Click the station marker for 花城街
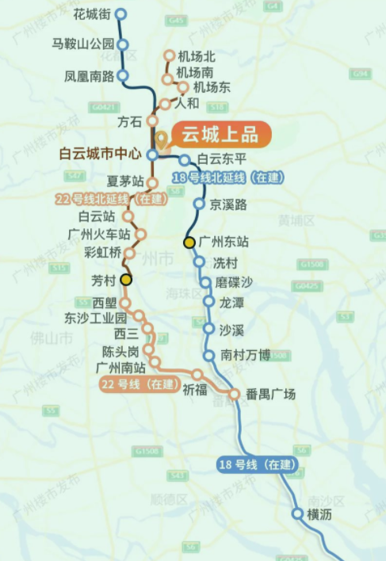point(120,14)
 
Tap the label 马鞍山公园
point(82,44)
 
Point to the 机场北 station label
point(198,56)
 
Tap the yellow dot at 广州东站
point(189,242)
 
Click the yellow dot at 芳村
point(126,280)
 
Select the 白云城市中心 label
point(99,155)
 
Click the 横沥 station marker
point(298,514)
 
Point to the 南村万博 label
point(247,356)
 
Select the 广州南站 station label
point(120,368)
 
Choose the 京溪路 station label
point(228,204)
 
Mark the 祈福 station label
point(195,389)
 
